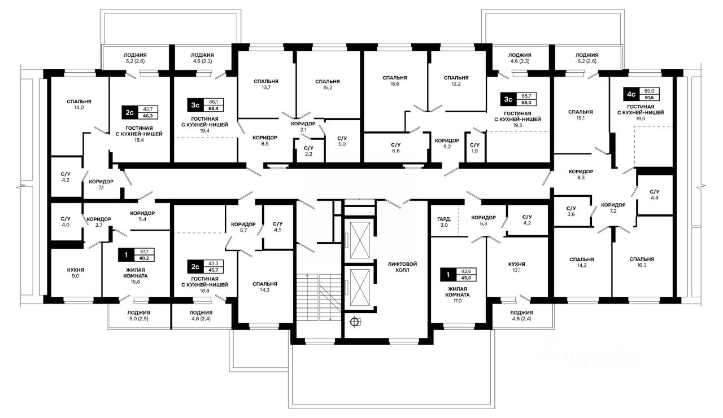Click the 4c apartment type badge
point(631,94)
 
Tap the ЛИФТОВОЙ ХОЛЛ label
point(403,267)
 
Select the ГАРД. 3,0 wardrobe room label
point(444,222)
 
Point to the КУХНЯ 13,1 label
point(516,267)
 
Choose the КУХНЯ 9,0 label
point(75,272)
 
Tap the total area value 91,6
point(649,98)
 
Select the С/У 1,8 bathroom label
point(474,148)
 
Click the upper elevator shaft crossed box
point(360,240)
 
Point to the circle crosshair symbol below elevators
point(355,322)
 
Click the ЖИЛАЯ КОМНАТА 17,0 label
point(458,294)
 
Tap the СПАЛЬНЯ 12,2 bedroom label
point(456,81)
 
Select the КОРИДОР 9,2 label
point(447,143)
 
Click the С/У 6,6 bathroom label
point(396,148)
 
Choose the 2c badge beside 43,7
point(129,112)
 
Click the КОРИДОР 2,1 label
point(303,126)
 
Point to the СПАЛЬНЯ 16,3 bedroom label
point(642,262)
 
